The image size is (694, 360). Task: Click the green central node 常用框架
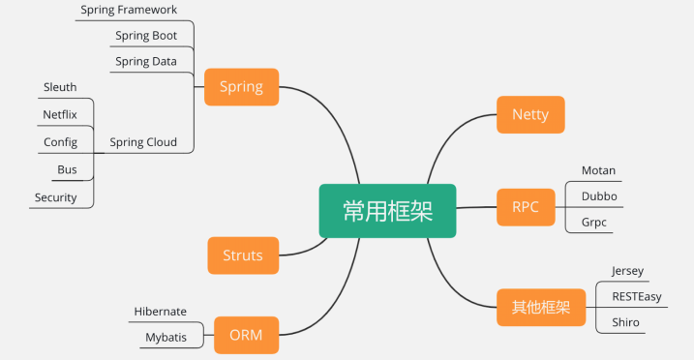pos(387,210)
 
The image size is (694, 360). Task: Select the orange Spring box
pos(241,86)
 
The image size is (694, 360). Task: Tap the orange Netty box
pos(529,114)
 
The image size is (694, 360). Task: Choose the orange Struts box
pos(243,255)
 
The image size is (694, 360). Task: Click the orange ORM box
pos(246,336)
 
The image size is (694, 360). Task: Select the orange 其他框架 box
pos(541,308)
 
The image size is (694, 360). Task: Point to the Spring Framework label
pos(129,10)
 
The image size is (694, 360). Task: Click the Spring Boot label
pos(145,36)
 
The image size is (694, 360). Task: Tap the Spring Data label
pos(145,61)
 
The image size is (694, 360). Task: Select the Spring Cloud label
pos(143,142)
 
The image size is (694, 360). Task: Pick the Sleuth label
pos(60,87)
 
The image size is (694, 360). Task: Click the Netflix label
pos(60,114)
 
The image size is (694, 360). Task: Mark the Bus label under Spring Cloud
pos(67,169)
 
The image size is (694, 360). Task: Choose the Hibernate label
pos(160,312)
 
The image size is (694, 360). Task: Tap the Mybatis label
pos(166,338)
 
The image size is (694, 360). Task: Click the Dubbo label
pos(599,195)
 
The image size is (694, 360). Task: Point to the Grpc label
pos(596,222)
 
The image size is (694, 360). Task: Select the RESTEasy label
pos(636,296)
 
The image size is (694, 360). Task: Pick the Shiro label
pos(625,322)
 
